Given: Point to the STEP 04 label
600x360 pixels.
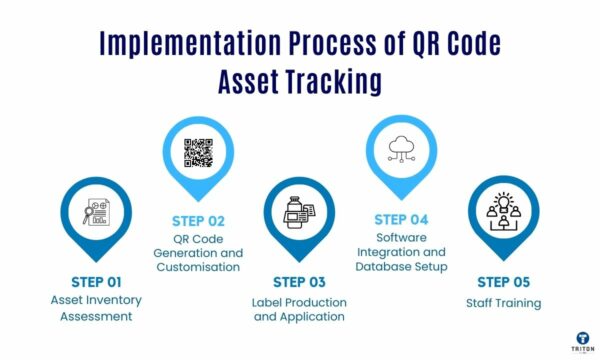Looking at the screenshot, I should click(x=402, y=219).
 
